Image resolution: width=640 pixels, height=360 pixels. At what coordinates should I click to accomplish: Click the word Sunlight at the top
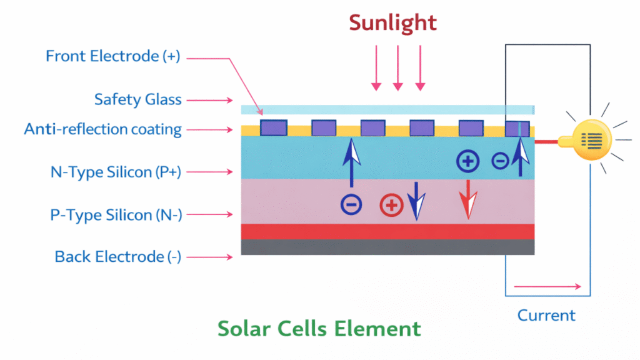pos(392,23)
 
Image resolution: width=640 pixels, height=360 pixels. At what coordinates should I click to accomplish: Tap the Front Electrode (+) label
pos(112,56)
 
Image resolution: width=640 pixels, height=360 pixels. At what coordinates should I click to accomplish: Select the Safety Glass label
pos(137,99)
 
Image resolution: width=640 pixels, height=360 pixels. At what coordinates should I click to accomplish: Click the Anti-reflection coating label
pos(103,129)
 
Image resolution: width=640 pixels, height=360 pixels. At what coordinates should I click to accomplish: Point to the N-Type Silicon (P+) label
pos(116,172)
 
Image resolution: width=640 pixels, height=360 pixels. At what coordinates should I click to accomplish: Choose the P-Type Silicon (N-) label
pos(116,215)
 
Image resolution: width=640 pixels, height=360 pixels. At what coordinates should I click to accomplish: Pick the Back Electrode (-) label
pos(118,256)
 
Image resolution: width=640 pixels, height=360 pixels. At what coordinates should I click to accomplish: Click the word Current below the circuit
pos(546,315)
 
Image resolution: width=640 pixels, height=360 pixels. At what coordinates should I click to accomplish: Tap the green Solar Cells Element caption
pos(319,329)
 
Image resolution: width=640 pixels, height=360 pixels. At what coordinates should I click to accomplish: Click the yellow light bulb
pos(589,141)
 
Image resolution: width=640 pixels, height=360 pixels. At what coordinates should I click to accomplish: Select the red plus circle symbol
pos(391,205)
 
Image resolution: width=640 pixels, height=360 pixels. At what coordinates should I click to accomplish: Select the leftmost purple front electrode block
pos(274,128)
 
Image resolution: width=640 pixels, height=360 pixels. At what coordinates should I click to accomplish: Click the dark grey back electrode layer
pos(387,247)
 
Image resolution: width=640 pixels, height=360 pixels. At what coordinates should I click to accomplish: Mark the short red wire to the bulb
pos(546,142)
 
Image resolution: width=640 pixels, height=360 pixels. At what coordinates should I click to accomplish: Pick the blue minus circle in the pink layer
pos(351,204)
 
